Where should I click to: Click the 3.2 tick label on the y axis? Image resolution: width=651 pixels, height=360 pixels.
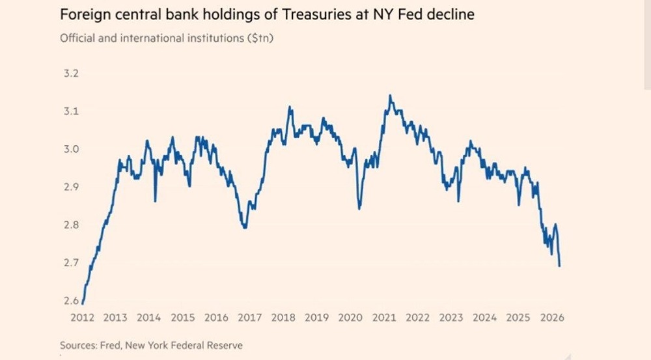(x=70, y=73)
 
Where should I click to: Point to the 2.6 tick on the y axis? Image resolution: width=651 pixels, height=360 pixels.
(x=70, y=301)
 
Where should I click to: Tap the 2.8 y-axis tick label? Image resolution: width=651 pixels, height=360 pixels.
(x=70, y=225)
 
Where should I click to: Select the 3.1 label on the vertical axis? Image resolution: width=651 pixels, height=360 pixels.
(x=70, y=111)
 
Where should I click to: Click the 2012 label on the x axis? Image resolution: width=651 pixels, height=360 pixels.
(x=82, y=318)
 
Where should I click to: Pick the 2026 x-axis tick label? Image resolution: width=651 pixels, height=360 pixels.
(x=551, y=318)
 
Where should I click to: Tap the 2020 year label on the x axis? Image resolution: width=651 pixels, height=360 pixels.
(x=350, y=318)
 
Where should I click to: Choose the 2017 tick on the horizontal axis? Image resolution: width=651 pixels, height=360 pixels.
(x=249, y=318)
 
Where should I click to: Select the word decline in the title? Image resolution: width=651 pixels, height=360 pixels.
(x=452, y=14)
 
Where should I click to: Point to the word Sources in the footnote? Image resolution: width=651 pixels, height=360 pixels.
(x=77, y=345)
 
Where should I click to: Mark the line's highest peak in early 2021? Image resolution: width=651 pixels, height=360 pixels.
(x=390, y=96)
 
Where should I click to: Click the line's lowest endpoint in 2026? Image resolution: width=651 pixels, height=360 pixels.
(x=560, y=266)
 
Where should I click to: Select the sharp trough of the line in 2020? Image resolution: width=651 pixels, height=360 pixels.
(x=359, y=209)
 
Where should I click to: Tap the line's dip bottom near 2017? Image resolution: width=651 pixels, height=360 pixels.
(x=244, y=227)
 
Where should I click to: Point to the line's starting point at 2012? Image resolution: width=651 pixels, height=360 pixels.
(x=83, y=303)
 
